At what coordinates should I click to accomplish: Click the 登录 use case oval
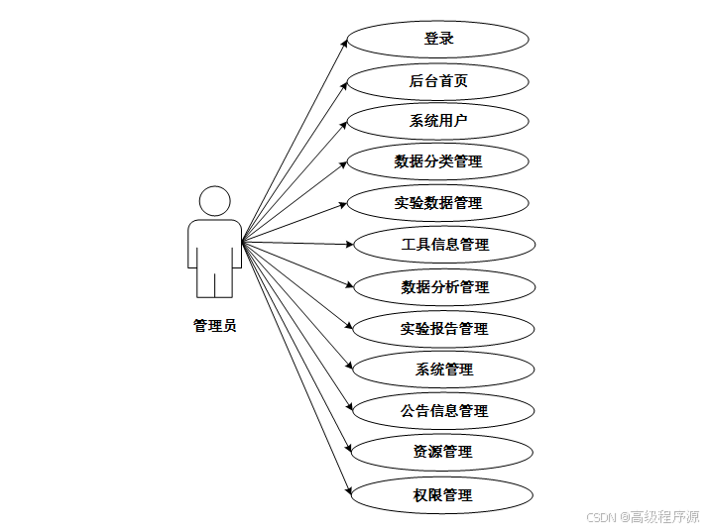[x=438, y=40]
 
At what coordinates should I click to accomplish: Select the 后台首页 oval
[x=438, y=80]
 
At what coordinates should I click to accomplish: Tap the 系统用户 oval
[x=438, y=121]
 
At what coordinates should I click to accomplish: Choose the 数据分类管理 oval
[x=438, y=161]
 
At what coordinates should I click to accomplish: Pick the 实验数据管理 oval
[x=438, y=203]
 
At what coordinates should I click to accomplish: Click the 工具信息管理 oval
[x=445, y=244]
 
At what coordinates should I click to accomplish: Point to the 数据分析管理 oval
[x=445, y=287]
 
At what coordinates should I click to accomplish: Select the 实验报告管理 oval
[x=445, y=328]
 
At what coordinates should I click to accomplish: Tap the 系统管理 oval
[x=444, y=370]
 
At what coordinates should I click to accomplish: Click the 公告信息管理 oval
[x=444, y=410]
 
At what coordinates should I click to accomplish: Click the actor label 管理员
[x=214, y=325]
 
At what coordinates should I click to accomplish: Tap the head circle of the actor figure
[x=214, y=201]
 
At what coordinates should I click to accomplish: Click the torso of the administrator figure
[x=214, y=243]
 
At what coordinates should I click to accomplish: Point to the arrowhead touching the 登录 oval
[x=343, y=43]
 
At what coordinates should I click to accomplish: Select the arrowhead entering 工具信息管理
[x=348, y=244]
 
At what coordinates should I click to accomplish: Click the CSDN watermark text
[x=643, y=517]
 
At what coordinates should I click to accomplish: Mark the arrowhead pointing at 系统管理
[x=349, y=366]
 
